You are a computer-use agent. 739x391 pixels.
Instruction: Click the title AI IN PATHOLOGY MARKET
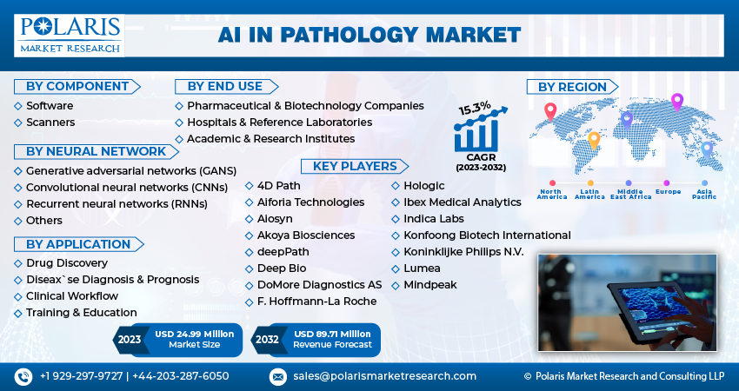tap(369, 35)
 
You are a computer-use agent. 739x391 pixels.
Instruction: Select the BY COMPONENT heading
tap(77, 86)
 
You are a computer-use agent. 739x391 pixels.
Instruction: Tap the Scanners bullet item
tap(50, 123)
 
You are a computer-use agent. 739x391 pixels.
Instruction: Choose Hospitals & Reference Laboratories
tap(279, 122)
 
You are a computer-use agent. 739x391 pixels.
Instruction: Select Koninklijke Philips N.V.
tap(463, 251)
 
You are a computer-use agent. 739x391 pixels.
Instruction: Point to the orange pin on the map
tap(594, 139)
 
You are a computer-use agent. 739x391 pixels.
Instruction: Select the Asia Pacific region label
tap(704, 194)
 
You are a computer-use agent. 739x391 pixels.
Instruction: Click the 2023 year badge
tap(129, 340)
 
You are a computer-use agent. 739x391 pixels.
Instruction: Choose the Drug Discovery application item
tap(67, 262)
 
